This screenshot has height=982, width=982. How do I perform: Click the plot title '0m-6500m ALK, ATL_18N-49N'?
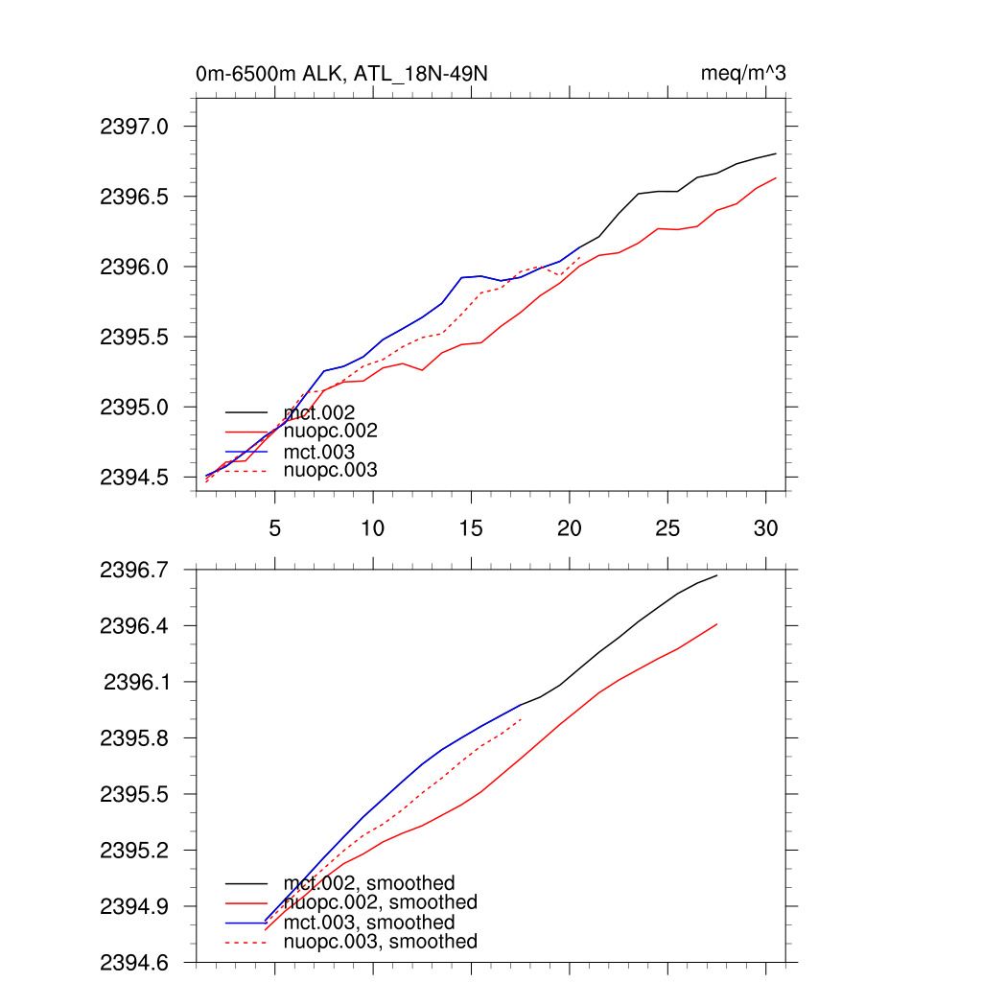[x=346, y=74]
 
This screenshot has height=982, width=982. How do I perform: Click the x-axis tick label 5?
[x=275, y=527]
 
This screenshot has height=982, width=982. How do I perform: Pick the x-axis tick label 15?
[x=471, y=527]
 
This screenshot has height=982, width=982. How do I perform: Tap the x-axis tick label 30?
[x=765, y=527]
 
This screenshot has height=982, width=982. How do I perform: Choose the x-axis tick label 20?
[x=570, y=527]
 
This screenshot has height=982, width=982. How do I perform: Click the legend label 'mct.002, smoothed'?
[x=369, y=883]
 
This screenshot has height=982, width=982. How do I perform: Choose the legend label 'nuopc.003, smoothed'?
[x=380, y=942]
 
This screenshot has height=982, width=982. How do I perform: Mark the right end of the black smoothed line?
[x=717, y=575]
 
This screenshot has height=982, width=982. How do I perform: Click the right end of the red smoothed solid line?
[x=717, y=624]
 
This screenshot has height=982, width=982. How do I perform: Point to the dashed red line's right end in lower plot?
[x=521, y=719]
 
